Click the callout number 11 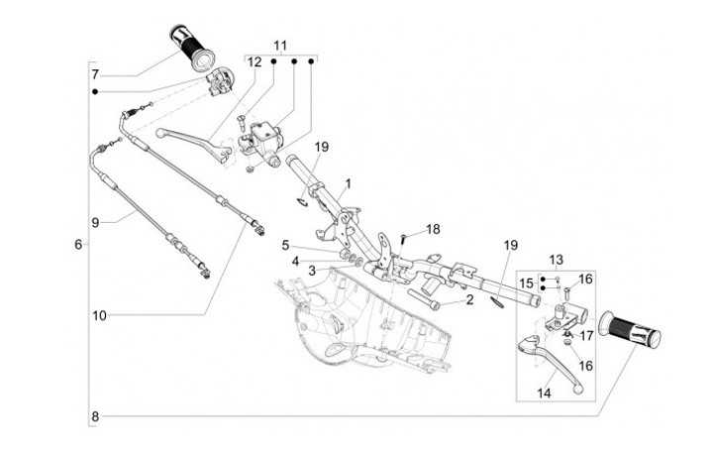[x=280, y=46]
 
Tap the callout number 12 [x=255, y=61]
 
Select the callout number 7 [x=95, y=74]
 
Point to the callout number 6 [x=78, y=245]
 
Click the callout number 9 [x=95, y=223]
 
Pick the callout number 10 [x=100, y=315]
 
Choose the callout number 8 [x=95, y=416]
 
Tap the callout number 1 [x=349, y=184]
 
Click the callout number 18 [x=434, y=229]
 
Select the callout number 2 [x=469, y=299]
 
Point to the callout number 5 [x=285, y=246]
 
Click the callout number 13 [x=557, y=260]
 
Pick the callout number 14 [x=544, y=393]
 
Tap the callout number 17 [x=587, y=336]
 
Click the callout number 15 [x=526, y=283]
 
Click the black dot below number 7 [x=95, y=92]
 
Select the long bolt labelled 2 [x=424, y=299]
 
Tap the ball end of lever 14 [x=578, y=390]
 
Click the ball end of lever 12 [x=159, y=133]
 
